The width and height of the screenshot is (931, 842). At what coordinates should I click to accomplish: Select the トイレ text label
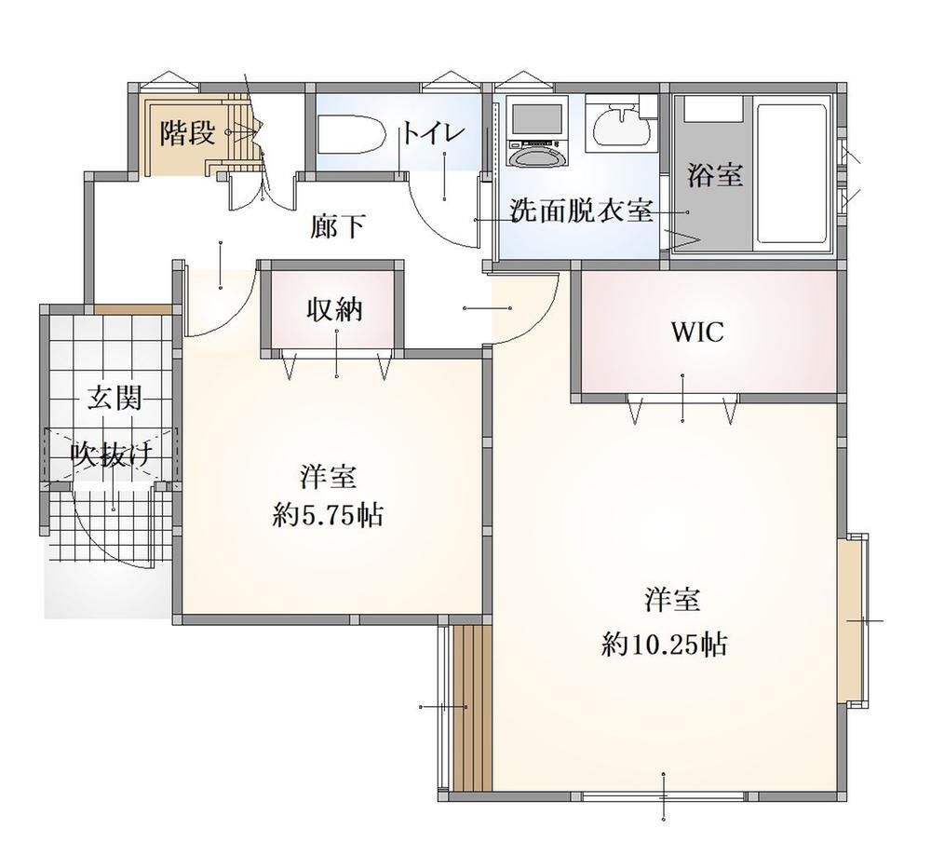coord(432,133)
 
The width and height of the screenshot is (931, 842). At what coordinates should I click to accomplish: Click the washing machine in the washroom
coord(537,134)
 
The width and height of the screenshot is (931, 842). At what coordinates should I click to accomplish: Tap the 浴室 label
coord(715,175)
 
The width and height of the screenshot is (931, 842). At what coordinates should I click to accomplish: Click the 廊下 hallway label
coord(337,226)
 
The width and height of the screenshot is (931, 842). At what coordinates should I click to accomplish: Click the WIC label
coord(697,333)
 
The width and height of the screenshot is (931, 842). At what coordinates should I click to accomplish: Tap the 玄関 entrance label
coord(115,397)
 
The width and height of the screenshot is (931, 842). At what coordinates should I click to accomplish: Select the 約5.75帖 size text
coord(328,515)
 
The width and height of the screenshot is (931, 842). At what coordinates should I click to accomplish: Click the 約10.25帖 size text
coord(665,643)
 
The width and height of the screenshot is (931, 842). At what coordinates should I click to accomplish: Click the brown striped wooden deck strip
coord(473,708)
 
